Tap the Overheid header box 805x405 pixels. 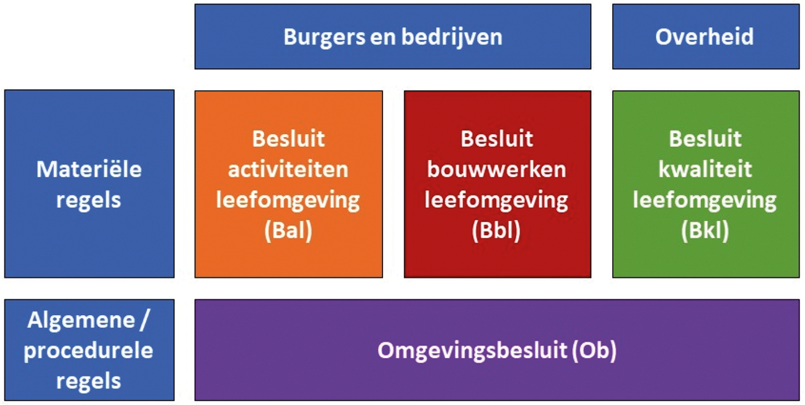click(x=705, y=37)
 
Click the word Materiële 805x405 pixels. click(x=89, y=169)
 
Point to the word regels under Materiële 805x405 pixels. click(x=89, y=200)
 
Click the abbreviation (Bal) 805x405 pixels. click(x=288, y=231)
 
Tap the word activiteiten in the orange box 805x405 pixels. click(x=288, y=169)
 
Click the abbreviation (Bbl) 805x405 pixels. click(x=496, y=231)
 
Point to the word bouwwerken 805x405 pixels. click(x=496, y=169)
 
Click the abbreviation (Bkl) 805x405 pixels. click(x=705, y=231)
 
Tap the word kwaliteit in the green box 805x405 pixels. click(x=705, y=169)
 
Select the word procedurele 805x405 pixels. click(x=89, y=351)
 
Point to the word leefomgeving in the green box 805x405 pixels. click(x=705, y=200)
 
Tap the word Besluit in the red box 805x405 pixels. click(x=496, y=138)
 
